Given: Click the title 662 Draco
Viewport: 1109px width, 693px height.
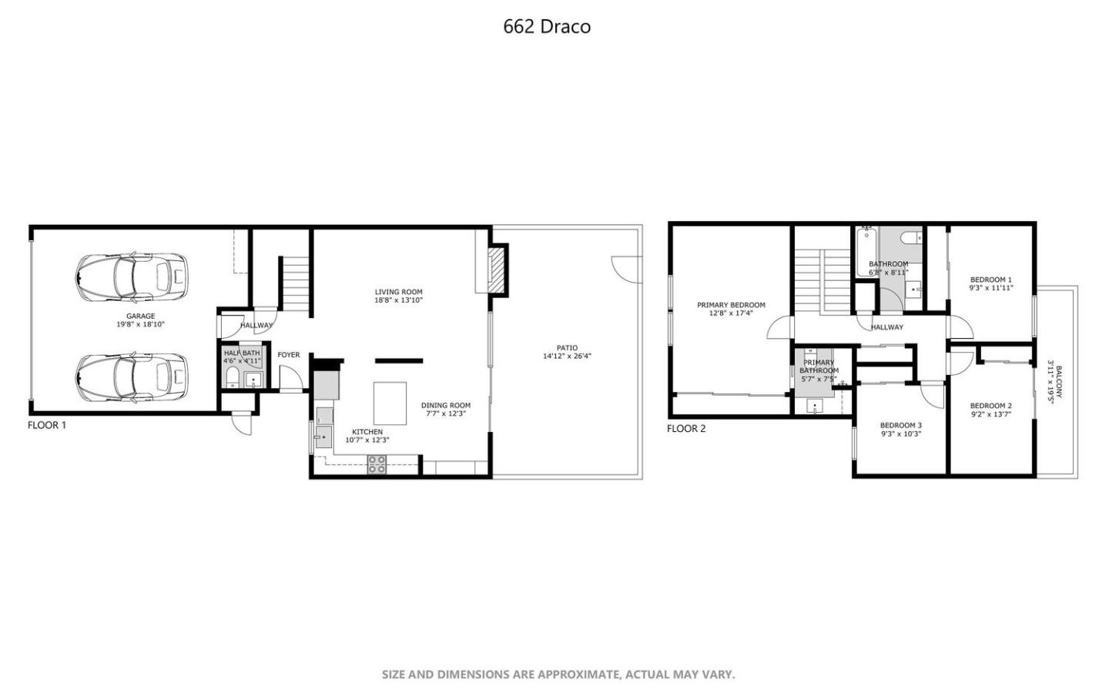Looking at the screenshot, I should (x=547, y=26).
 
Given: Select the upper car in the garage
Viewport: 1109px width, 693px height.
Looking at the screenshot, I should (x=132, y=277).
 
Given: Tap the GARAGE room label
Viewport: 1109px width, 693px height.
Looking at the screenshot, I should (x=140, y=316).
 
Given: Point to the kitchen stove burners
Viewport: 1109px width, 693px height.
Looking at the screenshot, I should (x=377, y=464).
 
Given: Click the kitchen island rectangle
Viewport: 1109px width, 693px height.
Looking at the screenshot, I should (x=390, y=403).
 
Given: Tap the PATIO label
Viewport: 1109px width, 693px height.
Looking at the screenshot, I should (x=567, y=348).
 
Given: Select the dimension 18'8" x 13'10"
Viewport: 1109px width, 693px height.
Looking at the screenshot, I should (x=399, y=300).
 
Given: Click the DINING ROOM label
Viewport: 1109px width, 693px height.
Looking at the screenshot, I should (x=445, y=405).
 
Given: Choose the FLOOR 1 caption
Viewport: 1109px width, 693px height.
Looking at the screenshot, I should (x=47, y=425).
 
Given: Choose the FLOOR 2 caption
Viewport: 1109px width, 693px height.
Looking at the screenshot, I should (x=686, y=429).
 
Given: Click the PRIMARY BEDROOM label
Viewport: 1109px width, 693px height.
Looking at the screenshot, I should (x=731, y=305).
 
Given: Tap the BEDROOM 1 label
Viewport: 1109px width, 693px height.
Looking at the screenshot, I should (x=990, y=280).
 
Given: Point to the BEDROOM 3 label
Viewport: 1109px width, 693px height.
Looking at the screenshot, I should (x=900, y=425).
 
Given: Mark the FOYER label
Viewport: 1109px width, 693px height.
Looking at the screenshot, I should (x=289, y=355).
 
